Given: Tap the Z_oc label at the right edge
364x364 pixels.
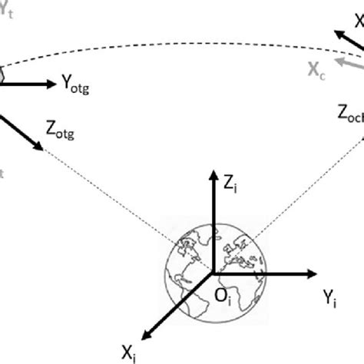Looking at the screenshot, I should click(349, 113).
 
